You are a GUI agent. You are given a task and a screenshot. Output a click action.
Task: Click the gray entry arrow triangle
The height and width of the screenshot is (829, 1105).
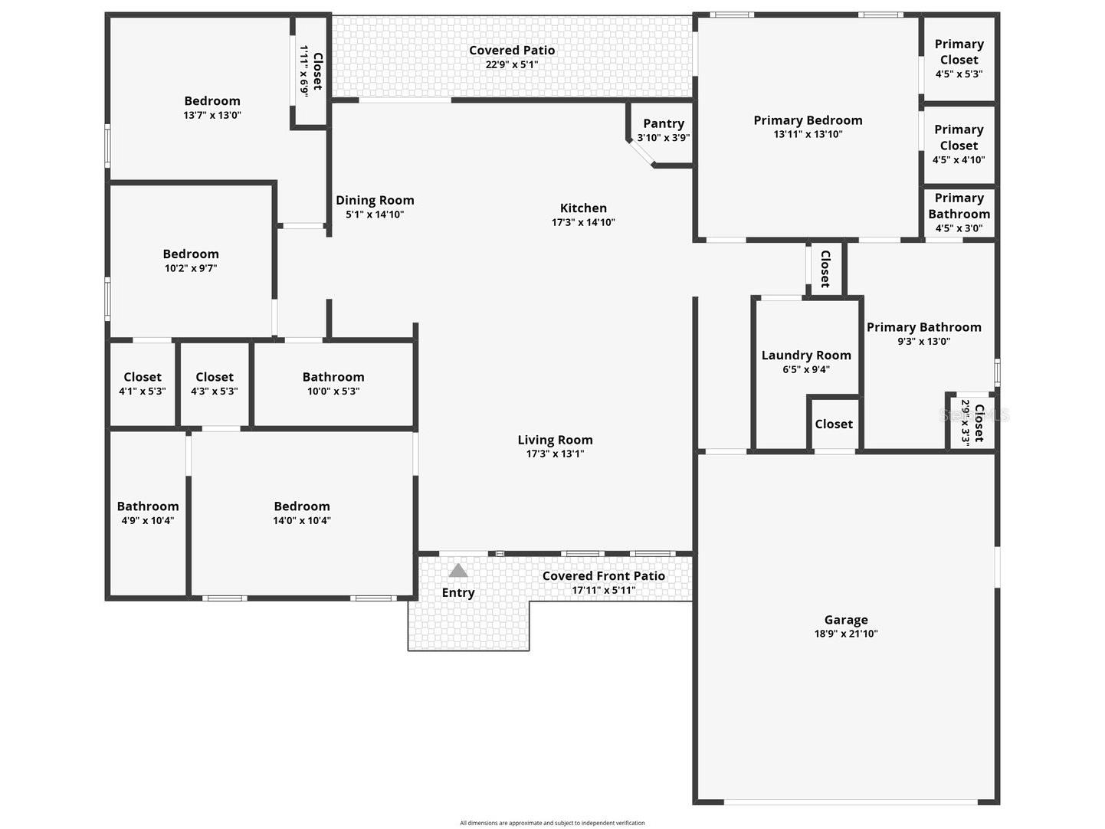458,571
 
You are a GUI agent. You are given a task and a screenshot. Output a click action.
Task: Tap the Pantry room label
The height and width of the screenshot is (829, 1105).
664,123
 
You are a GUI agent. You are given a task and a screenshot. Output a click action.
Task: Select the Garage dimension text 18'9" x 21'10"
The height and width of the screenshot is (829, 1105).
846,634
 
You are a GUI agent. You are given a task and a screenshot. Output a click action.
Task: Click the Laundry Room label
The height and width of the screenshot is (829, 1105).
806,356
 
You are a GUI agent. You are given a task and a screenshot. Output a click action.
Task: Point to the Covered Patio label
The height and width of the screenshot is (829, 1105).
512,51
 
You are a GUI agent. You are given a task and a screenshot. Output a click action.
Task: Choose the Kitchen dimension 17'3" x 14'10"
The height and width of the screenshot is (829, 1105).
583,223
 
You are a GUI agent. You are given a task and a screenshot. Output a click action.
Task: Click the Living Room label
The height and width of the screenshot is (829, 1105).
555,440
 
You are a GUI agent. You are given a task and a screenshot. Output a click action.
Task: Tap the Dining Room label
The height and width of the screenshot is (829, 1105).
375,201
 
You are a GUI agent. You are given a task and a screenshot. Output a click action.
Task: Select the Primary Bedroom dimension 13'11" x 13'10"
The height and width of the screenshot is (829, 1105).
808,134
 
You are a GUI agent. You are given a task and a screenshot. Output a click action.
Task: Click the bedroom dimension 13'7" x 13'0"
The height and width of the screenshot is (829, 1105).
212,116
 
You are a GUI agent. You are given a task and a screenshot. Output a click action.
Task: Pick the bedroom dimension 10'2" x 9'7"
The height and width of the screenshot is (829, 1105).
191,268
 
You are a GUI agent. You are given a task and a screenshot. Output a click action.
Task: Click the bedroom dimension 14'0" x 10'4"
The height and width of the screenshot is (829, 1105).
302,520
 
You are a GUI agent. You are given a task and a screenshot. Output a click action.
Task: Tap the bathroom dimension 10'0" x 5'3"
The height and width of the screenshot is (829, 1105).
333,391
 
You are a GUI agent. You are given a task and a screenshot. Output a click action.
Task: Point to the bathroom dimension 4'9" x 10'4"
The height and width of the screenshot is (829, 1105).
148,520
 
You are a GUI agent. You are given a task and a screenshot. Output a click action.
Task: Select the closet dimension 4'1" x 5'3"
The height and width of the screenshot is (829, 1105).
143,391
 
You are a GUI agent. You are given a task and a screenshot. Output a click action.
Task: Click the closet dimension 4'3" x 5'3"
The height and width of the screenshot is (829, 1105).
215,391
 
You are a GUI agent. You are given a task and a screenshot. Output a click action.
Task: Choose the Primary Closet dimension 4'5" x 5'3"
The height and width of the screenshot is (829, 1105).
959,74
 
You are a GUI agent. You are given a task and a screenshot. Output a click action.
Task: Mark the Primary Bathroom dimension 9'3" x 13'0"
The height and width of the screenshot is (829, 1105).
924,342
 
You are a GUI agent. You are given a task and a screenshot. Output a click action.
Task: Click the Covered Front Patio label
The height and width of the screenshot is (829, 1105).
604,576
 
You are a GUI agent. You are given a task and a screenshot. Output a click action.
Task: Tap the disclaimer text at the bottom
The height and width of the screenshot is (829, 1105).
552,823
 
